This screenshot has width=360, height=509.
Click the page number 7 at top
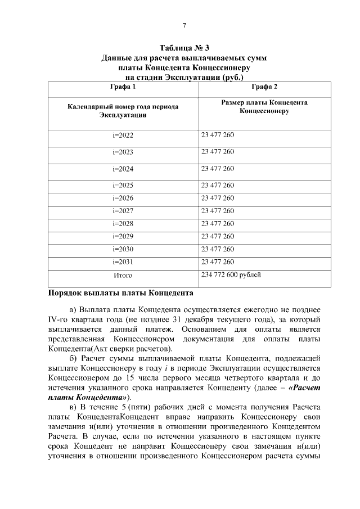point(183,25)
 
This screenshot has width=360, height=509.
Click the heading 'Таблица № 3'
point(183,47)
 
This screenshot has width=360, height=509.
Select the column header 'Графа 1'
point(123,87)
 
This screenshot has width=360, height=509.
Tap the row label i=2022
point(123,136)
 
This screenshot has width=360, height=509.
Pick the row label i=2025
point(123,185)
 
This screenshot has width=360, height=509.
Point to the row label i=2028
point(123,224)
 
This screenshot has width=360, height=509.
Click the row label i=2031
point(123,262)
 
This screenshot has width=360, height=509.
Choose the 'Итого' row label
point(123,276)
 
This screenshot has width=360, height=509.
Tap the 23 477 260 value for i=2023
point(217,152)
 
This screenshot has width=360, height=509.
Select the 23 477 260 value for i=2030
point(217,249)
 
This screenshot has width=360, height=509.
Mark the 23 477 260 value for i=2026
point(217,198)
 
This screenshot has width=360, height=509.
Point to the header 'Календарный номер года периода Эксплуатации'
point(123,110)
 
